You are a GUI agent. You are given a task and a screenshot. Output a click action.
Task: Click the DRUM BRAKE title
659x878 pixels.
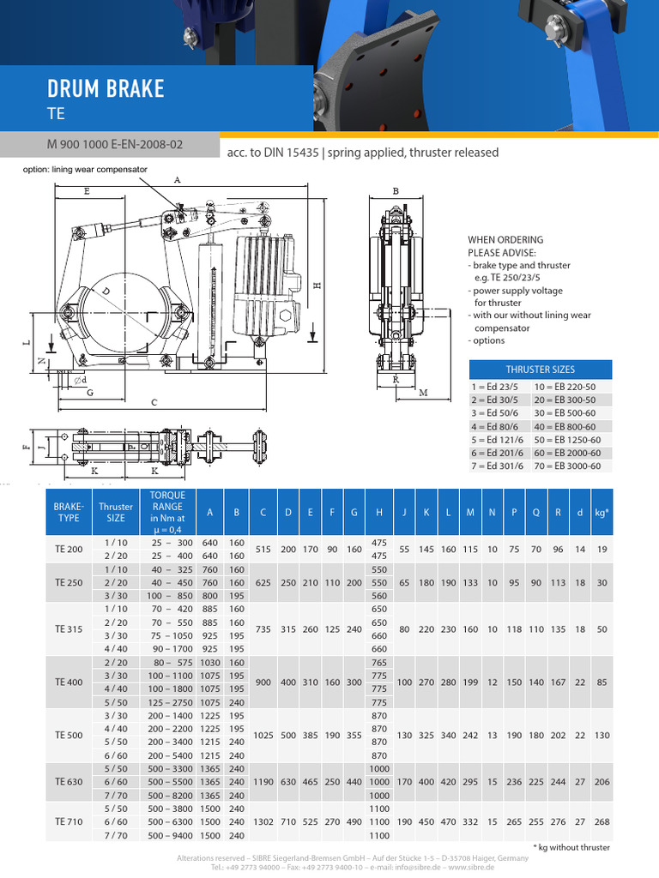106,89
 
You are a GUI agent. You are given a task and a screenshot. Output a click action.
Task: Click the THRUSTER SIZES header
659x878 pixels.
540,370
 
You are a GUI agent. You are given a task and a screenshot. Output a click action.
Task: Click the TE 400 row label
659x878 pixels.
70,683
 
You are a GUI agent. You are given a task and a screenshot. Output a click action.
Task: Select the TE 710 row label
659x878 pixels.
70,821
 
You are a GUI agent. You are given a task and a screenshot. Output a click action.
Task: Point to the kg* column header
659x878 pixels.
602,513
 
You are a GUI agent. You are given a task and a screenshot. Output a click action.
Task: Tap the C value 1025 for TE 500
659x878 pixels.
263,736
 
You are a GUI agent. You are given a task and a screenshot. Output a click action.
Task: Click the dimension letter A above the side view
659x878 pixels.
178,180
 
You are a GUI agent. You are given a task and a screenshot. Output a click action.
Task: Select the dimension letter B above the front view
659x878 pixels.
396,192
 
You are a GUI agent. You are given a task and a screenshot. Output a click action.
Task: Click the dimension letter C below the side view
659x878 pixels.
154,402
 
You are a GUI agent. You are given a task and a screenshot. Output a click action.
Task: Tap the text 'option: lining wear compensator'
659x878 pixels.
86,170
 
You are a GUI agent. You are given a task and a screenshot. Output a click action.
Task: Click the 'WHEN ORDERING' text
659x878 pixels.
505,240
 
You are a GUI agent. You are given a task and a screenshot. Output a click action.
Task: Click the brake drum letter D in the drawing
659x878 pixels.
106,292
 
